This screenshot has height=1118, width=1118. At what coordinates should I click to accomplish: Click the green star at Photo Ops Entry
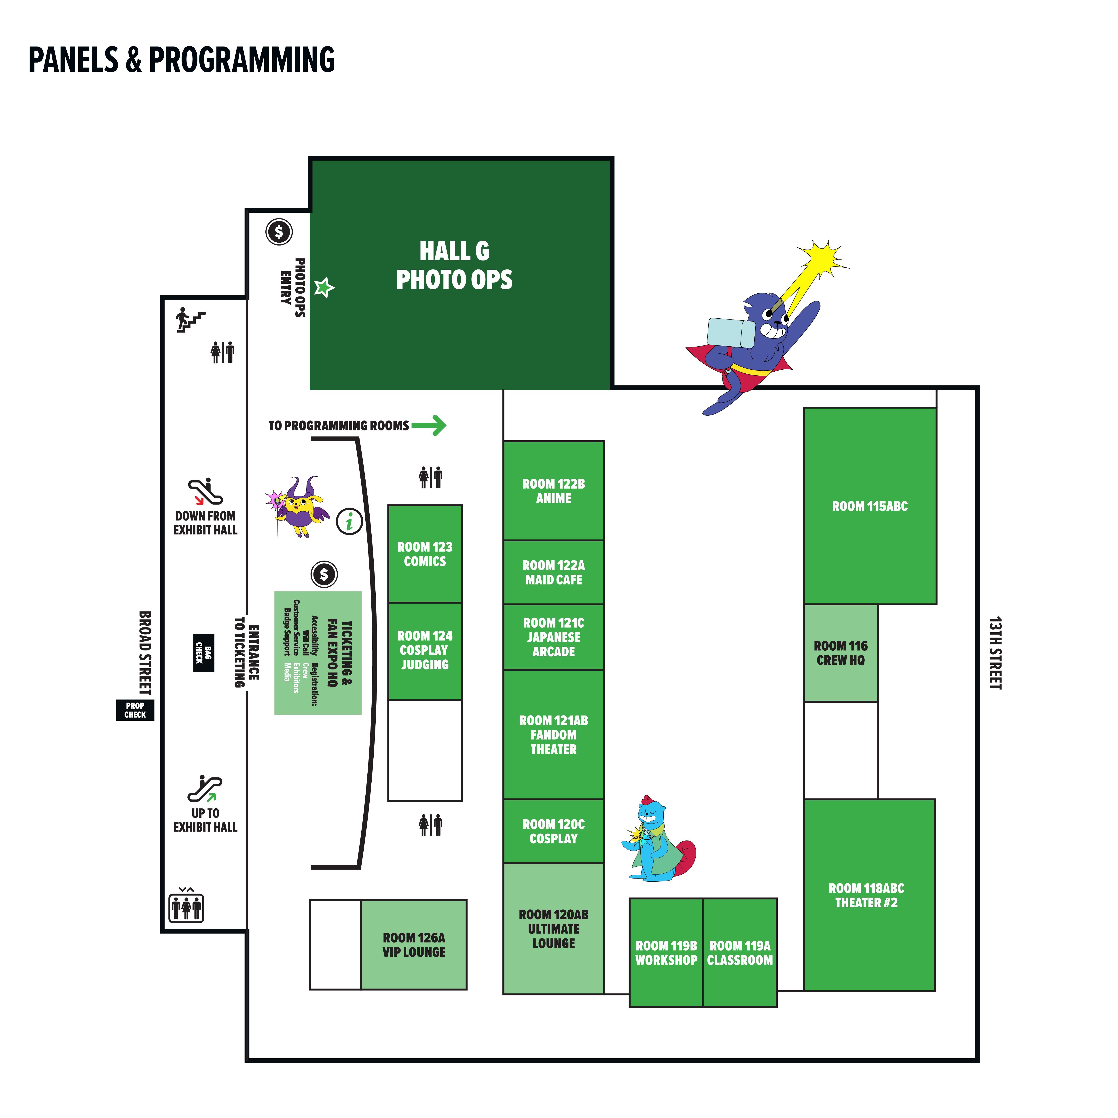point(324,287)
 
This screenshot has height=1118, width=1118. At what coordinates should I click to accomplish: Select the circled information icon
point(349,521)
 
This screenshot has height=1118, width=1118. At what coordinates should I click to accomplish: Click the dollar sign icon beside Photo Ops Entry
point(279,232)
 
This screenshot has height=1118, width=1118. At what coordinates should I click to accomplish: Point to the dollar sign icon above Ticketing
point(324,574)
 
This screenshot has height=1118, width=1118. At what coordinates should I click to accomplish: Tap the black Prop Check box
point(135,710)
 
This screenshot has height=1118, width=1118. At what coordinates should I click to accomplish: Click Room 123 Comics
point(425,554)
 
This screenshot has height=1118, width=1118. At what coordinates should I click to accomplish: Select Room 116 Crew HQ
point(840,653)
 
